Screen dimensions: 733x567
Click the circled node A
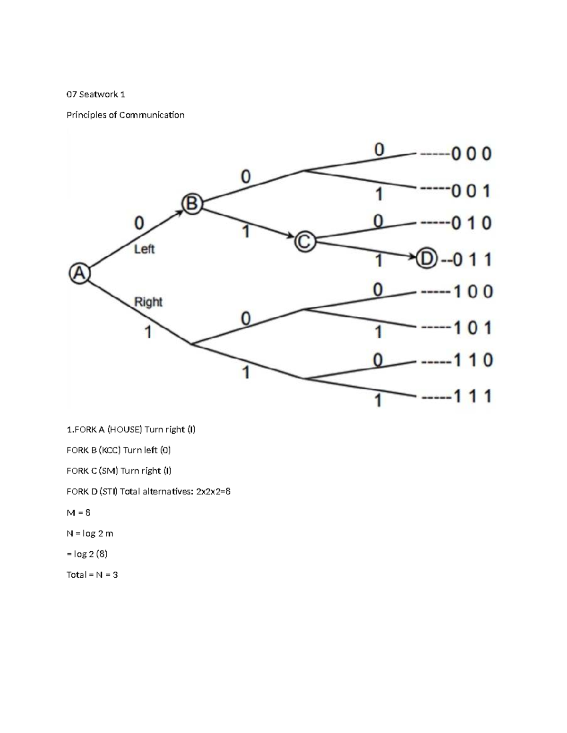tap(79, 273)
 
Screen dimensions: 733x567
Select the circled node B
tap(192, 204)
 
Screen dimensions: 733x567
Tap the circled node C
tap(305, 242)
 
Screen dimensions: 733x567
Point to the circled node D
tap(426, 259)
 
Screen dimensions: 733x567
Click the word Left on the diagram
tap(144, 249)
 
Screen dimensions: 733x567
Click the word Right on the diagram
tap(148, 302)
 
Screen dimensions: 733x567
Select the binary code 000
tap(471, 154)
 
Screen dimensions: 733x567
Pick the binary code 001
tap(471, 191)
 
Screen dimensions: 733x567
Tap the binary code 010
tap(471, 223)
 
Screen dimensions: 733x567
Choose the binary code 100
tap(473, 292)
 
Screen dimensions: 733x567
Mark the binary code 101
tap(473, 328)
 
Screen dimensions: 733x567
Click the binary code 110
tap(473, 361)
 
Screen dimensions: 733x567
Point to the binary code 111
tap(473, 396)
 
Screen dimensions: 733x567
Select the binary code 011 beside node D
tap(472, 260)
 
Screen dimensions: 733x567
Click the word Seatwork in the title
tap(98, 94)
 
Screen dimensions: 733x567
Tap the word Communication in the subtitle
tap(152, 115)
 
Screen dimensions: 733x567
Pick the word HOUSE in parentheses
tap(125, 430)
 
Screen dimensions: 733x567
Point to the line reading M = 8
tap(78, 512)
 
